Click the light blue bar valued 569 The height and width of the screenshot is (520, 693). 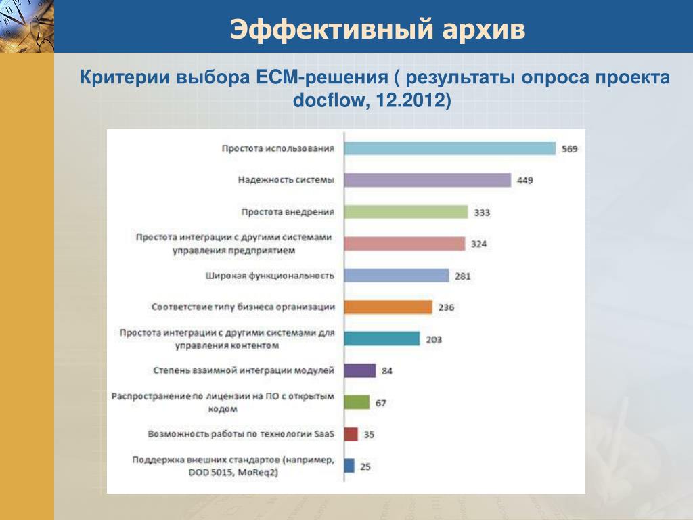pos(450,148)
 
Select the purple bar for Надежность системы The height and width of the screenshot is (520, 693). pos(428,180)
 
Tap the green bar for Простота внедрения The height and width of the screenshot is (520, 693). pos(406,212)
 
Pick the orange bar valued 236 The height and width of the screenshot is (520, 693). pos(388,307)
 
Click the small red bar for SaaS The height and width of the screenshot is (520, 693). pos(351,434)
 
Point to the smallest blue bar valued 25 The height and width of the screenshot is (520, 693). pos(349,466)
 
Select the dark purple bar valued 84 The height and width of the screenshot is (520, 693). pos(360,370)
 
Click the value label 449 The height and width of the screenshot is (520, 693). pos(525,180)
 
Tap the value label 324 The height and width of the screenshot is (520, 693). pos(478,244)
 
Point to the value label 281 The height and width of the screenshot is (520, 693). pos(463,276)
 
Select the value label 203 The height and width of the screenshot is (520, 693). pos(434,340)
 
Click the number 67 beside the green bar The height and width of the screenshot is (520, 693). pos(381,404)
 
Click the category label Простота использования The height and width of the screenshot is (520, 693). pos(278,148)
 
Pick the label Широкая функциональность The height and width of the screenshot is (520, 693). pos(269,276)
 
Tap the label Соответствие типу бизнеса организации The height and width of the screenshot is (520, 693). pos(243,307)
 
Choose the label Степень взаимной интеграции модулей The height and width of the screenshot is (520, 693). pos(244,370)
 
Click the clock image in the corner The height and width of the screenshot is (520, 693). pos(27,26)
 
